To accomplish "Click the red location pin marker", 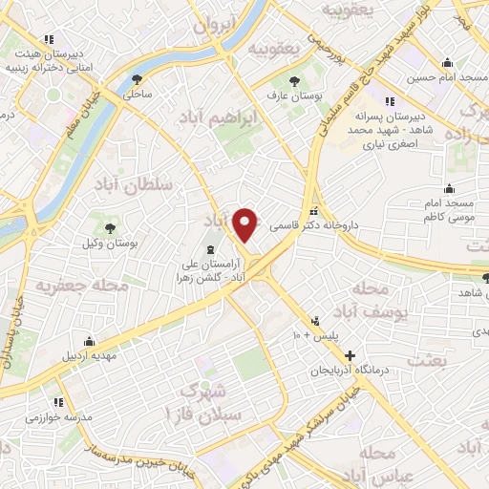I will click(246, 225).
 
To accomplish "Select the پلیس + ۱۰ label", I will click(311, 336).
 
